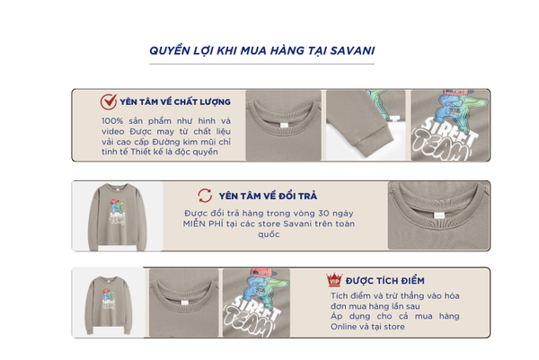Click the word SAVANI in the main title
click(352, 50)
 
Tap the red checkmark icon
click(109, 101)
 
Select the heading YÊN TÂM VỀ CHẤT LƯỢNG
click(175, 101)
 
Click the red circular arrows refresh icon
click(205, 196)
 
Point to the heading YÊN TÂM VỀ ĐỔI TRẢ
click(268, 196)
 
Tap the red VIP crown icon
click(334, 279)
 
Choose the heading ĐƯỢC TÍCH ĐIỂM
click(385, 281)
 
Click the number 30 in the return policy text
click(323, 214)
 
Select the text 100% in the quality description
click(112, 121)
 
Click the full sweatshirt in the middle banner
click(118, 216)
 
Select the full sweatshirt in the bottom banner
click(109, 304)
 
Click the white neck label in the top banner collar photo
click(285, 125)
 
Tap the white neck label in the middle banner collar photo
click(439, 215)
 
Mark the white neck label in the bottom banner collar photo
click(184, 303)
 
